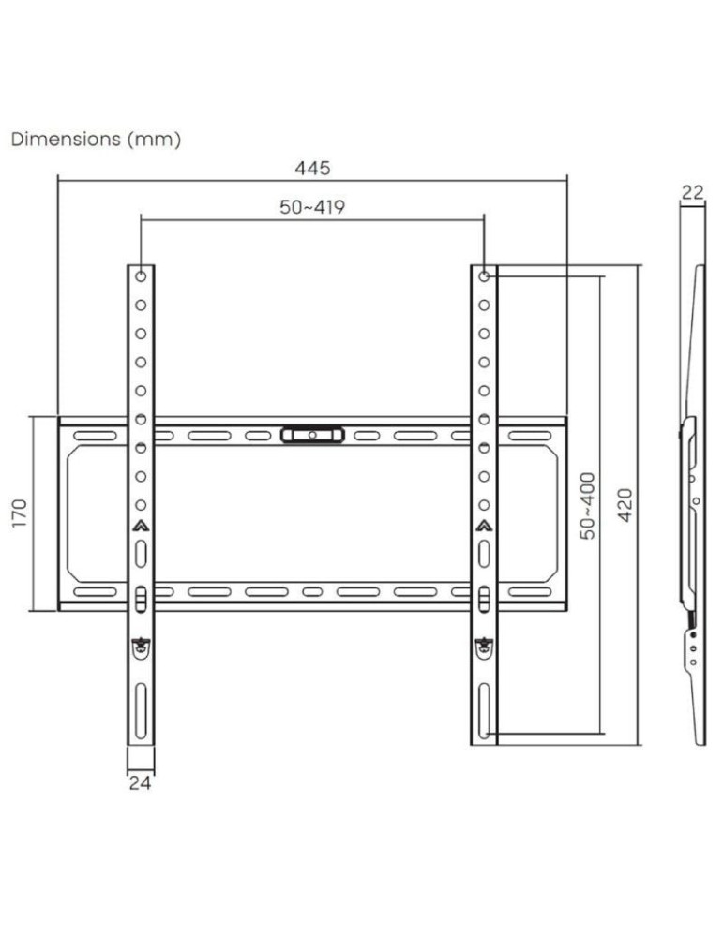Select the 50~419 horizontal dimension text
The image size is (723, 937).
coord(312,207)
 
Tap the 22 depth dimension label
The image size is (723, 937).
coord(692,193)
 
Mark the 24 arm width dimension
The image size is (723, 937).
coord(140,782)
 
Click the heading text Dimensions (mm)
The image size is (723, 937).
coord(95,140)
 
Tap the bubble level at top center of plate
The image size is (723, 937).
coord(311,435)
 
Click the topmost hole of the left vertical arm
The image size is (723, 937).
coord(141,276)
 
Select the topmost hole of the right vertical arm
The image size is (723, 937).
coord(483,276)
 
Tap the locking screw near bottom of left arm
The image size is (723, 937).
coord(141,645)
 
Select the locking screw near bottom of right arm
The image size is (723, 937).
coord(483,645)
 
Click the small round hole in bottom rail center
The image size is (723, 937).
coord(312,592)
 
